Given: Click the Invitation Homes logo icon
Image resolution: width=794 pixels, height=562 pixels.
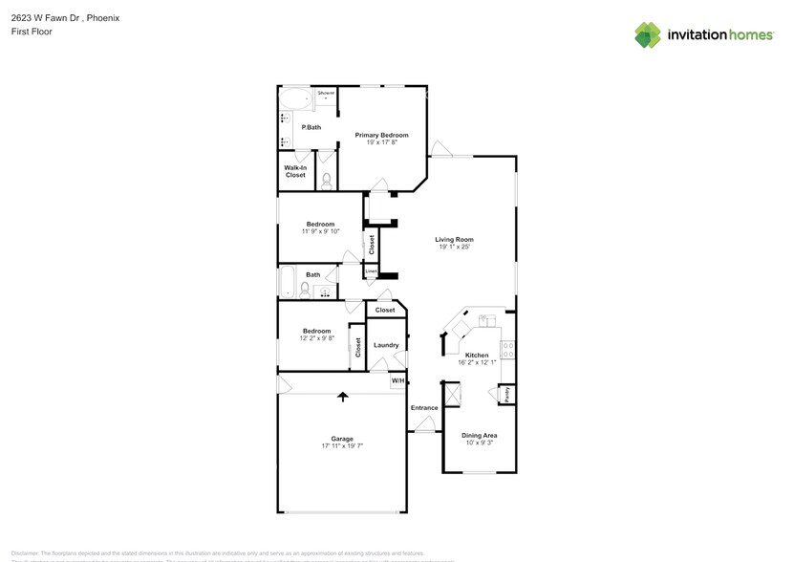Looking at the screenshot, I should click(x=648, y=34).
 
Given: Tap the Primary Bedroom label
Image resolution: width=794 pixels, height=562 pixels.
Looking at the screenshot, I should click(x=381, y=135).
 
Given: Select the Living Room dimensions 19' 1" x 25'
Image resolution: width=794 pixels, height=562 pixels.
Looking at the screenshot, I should click(x=455, y=248).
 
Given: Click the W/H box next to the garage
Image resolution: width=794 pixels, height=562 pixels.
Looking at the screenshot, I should click(x=398, y=381).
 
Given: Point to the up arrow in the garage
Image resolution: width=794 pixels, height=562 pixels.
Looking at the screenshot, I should click(x=341, y=395).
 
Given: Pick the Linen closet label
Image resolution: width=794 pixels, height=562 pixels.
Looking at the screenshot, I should click(x=371, y=271).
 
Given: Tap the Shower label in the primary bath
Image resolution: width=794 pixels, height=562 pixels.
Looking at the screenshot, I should click(x=326, y=93).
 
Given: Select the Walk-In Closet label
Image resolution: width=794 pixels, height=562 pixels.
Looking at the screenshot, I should click(x=295, y=171).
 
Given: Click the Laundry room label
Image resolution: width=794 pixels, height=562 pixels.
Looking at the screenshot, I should click(x=386, y=345).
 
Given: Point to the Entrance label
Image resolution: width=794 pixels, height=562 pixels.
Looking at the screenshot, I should click(x=424, y=408).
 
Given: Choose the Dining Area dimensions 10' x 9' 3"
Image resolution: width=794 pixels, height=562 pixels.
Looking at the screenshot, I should click(x=479, y=443).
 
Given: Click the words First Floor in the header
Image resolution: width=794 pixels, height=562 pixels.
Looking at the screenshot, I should click(x=32, y=32).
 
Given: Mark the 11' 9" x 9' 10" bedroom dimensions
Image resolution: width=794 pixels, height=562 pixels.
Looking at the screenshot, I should click(x=320, y=231).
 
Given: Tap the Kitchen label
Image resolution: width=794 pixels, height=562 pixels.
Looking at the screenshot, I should click(x=476, y=355).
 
